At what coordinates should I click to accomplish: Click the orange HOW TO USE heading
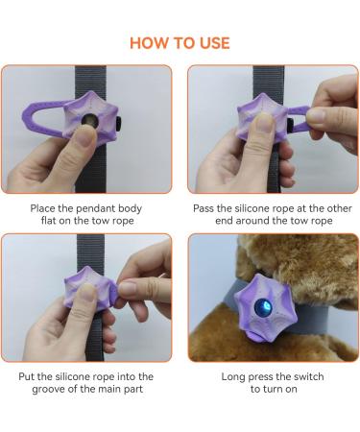point(180,43)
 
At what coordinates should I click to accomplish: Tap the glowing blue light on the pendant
point(263,307)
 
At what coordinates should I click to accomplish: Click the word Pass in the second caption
point(204,208)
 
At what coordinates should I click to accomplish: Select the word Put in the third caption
point(27,376)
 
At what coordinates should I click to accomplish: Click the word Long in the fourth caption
point(233,377)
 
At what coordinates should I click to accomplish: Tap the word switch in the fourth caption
point(308,376)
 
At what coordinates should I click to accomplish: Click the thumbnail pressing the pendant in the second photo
point(265,122)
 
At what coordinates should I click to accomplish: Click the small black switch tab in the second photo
point(290,126)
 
